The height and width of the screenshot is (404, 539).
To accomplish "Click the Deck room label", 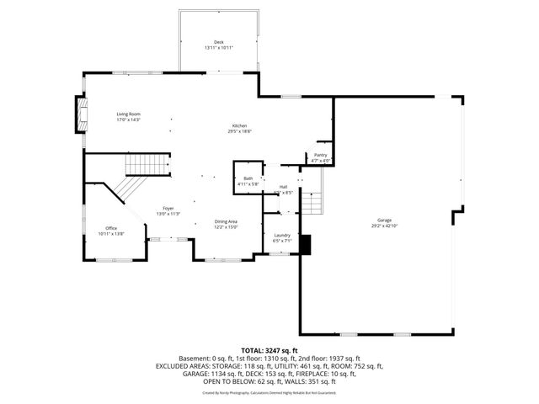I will (x=218, y=42).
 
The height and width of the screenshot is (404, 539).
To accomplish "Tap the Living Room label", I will (x=128, y=114).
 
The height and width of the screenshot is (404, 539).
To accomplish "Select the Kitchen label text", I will (x=240, y=125).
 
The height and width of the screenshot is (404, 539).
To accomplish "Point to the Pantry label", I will (x=321, y=155).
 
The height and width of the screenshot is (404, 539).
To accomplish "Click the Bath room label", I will (x=248, y=178).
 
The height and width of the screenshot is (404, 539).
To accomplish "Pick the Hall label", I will (x=283, y=187).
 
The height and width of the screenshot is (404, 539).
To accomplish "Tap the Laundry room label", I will (x=282, y=235).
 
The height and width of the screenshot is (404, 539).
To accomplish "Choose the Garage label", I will (x=384, y=220).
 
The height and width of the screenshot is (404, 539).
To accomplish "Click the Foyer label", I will (x=168, y=208).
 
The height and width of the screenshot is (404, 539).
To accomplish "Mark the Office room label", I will (x=111, y=228).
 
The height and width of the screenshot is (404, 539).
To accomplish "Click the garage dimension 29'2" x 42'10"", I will (x=384, y=226).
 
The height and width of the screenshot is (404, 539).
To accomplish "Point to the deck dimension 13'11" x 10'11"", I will (x=218, y=48).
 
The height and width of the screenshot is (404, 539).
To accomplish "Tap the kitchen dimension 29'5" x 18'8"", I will (x=240, y=131).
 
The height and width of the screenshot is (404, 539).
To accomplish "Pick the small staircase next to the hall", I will (x=312, y=200).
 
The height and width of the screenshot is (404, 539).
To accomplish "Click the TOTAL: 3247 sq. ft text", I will (x=269, y=350).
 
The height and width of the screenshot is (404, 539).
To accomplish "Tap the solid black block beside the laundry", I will (x=305, y=244).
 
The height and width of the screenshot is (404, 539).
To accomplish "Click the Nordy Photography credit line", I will (x=269, y=392).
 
